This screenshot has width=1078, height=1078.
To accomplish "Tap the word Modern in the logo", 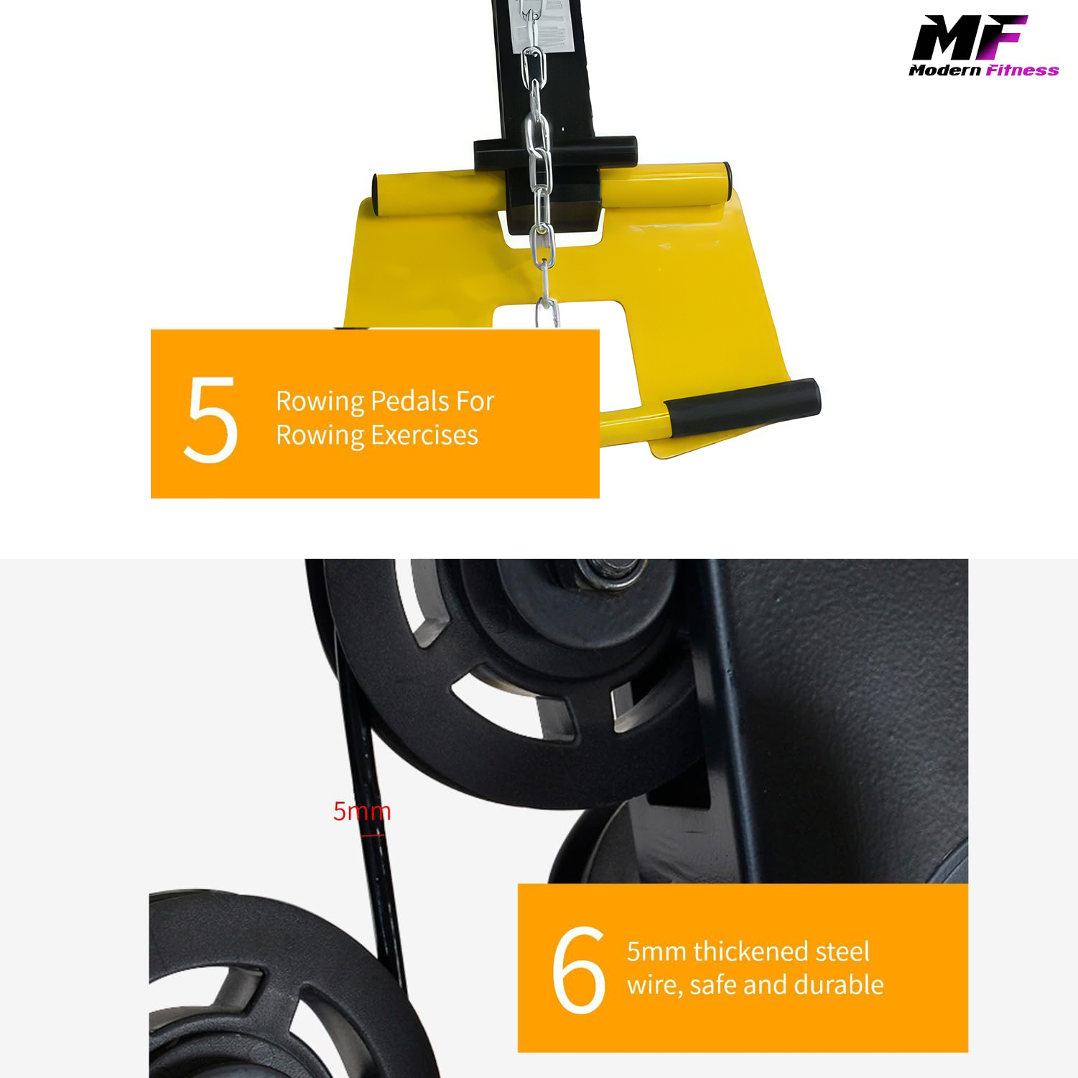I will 944,70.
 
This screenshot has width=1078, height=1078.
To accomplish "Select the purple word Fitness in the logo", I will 1022,70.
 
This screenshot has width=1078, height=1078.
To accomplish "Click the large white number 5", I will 210,419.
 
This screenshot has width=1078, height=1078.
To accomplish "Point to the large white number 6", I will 579,970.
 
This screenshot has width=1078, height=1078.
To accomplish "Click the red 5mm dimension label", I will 361,812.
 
